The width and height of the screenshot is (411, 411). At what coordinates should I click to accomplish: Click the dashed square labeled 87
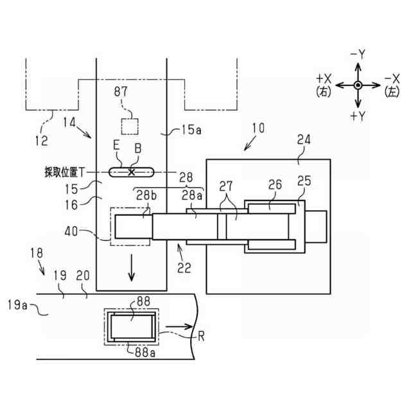tap(131, 126)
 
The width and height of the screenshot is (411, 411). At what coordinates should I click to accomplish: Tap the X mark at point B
tap(132, 171)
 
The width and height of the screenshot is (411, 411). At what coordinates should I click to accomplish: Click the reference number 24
tap(304, 139)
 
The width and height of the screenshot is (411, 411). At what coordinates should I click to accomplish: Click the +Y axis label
tap(358, 116)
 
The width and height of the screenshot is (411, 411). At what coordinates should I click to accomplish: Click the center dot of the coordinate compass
tap(358, 85)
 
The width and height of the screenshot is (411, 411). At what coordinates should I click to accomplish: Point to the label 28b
tap(143, 195)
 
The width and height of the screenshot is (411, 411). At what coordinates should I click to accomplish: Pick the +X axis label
tap(324, 78)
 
